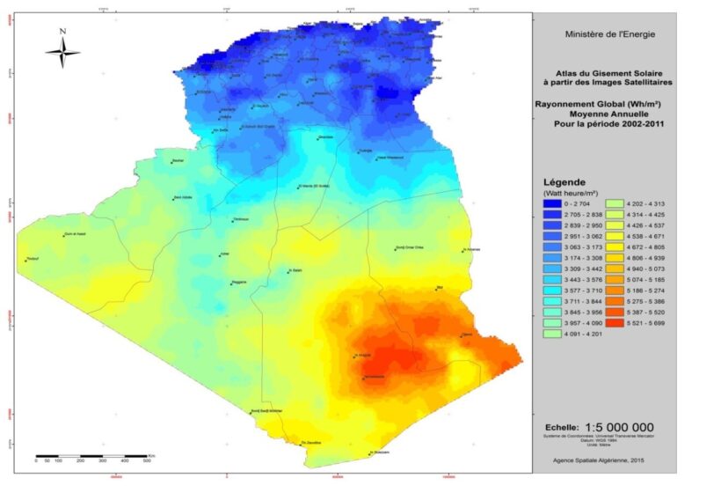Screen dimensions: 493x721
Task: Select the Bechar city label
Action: [178, 161]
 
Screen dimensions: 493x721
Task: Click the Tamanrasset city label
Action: [374, 377]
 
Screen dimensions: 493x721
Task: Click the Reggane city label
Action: [238, 282]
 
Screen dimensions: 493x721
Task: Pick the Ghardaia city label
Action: [324, 137]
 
